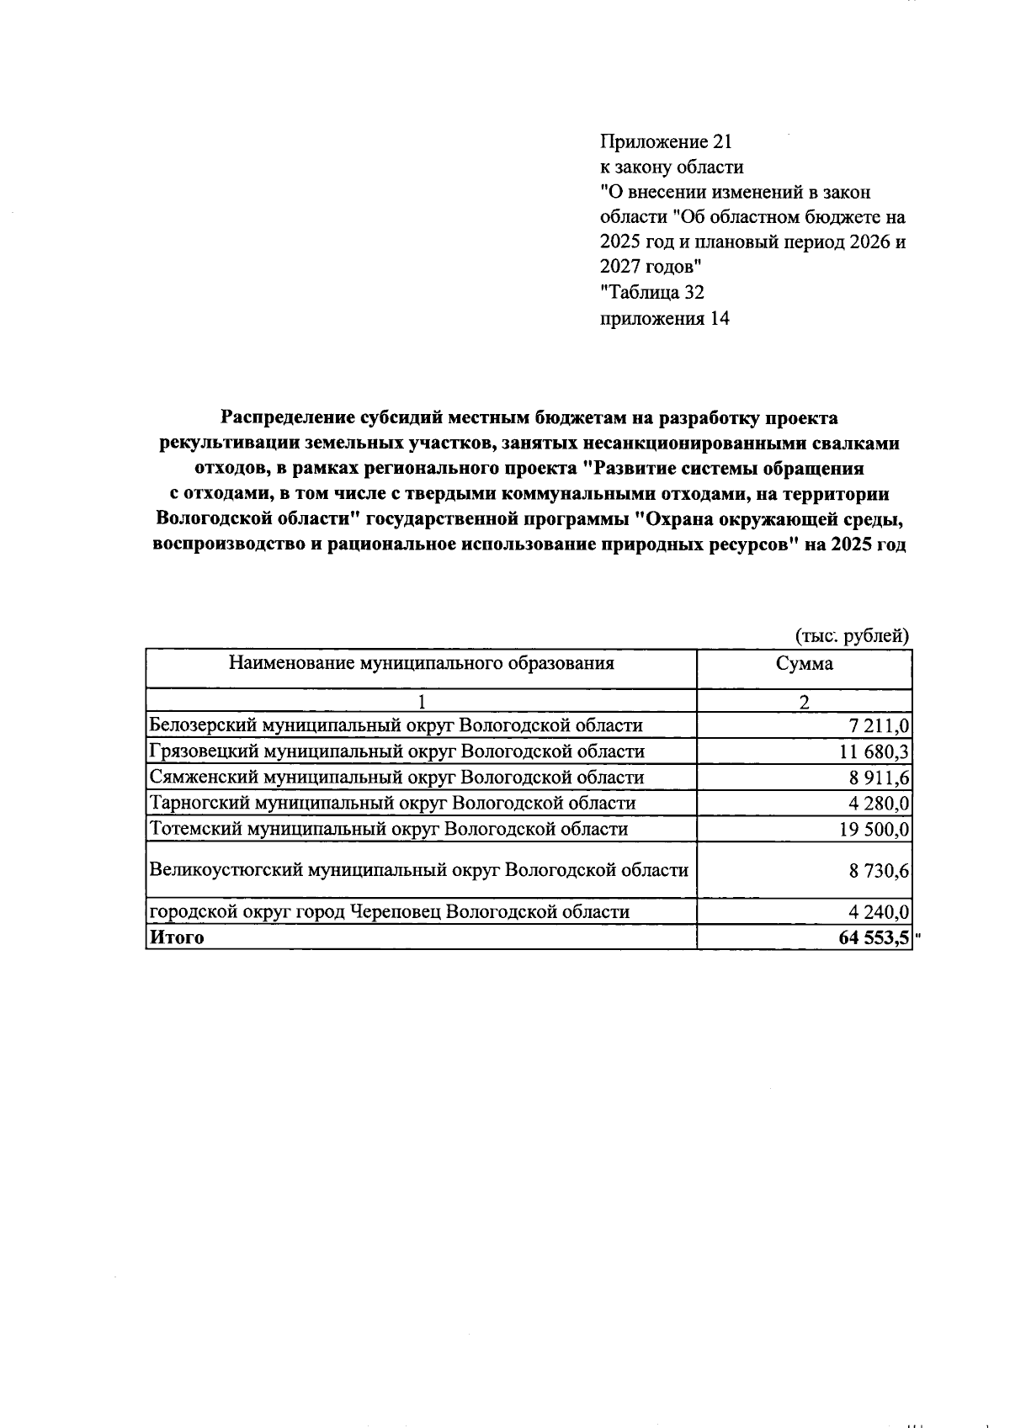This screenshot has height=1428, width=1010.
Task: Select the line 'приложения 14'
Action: (x=664, y=318)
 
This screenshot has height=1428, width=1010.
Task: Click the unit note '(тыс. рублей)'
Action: (x=853, y=636)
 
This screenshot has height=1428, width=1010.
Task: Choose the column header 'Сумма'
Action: (x=804, y=663)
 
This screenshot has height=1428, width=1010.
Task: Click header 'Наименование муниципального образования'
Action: (x=421, y=663)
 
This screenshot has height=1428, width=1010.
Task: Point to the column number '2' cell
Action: (x=804, y=702)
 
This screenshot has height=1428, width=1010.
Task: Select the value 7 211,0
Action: (x=880, y=725)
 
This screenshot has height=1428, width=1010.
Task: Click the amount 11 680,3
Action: (x=874, y=751)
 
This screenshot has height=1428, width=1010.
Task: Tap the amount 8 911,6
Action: (x=880, y=778)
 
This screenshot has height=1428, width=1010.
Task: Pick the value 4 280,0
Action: (x=880, y=803)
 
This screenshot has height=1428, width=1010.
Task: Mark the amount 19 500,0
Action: (x=874, y=829)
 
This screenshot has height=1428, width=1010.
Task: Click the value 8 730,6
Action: (x=880, y=871)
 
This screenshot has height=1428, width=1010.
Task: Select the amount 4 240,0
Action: (x=880, y=912)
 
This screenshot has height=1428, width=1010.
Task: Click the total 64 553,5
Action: (x=874, y=937)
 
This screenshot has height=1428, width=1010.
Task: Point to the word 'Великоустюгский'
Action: (x=225, y=869)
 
